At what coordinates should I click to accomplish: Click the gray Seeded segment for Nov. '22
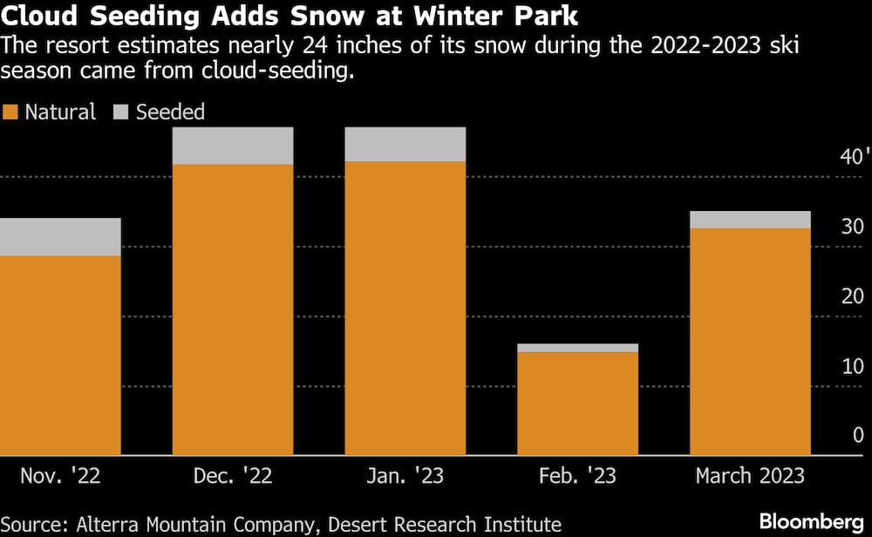click(x=60, y=236)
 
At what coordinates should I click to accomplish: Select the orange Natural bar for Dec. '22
click(x=232, y=309)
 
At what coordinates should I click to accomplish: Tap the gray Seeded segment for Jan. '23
click(x=405, y=145)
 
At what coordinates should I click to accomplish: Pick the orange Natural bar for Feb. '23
click(x=577, y=403)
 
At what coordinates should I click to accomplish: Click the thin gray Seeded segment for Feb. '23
click(x=577, y=348)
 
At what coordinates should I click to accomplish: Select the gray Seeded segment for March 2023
click(x=750, y=220)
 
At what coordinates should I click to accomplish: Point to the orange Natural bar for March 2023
click(x=750, y=341)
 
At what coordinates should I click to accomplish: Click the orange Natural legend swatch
click(x=10, y=112)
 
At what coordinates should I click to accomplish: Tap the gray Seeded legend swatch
click(x=121, y=112)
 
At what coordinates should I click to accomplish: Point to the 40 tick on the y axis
click(x=851, y=158)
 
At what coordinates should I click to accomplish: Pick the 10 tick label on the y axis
click(x=853, y=366)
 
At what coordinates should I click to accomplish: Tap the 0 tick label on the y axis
click(x=858, y=436)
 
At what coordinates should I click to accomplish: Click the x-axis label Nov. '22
click(x=58, y=476)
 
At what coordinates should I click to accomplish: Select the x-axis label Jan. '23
click(x=405, y=476)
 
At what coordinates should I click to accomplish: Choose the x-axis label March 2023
click(x=750, y=476)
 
